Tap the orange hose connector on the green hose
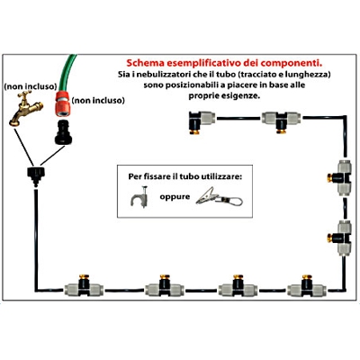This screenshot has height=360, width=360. point(63,103)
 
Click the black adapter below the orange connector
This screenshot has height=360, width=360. point(63,132)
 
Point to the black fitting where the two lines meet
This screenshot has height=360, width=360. point(36,176)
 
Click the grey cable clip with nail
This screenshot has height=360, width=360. point(139,197)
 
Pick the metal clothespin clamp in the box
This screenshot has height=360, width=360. point(219,197)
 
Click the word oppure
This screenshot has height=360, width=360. point(175,197)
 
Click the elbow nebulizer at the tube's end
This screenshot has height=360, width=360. point(202,121)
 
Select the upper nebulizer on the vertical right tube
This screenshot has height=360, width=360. point(340,178)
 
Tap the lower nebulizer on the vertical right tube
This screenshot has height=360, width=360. point(340,238)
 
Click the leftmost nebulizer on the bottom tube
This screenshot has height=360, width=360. point(84,285)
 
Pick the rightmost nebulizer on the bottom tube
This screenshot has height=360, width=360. point(307,285)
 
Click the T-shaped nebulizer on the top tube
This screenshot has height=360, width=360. point(282,121)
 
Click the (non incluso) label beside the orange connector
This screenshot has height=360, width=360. point(98,100)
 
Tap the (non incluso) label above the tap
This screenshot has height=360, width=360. point(31,86)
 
